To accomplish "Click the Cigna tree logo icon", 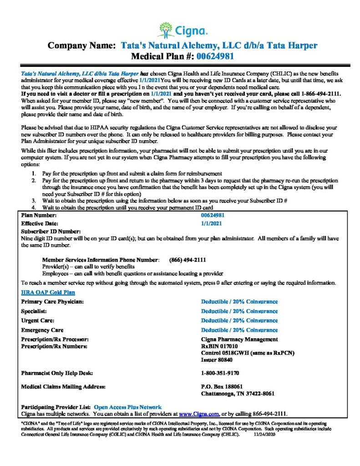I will coord(167,30).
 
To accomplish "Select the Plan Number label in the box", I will coord(39,215).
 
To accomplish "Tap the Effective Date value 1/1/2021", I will coord(212,223).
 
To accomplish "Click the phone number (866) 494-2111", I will coord(188,260).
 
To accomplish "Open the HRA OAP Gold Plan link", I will coord(48,293).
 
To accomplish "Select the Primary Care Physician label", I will coord(52,302).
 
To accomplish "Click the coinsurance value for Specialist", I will coord(239,311).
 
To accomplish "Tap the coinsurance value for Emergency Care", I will coord(239,330).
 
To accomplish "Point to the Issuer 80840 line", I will coord(216,360).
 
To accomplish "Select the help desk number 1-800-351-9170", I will coord(220,373).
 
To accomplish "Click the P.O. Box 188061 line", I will coord(218,387).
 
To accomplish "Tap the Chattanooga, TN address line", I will coord(237,394).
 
